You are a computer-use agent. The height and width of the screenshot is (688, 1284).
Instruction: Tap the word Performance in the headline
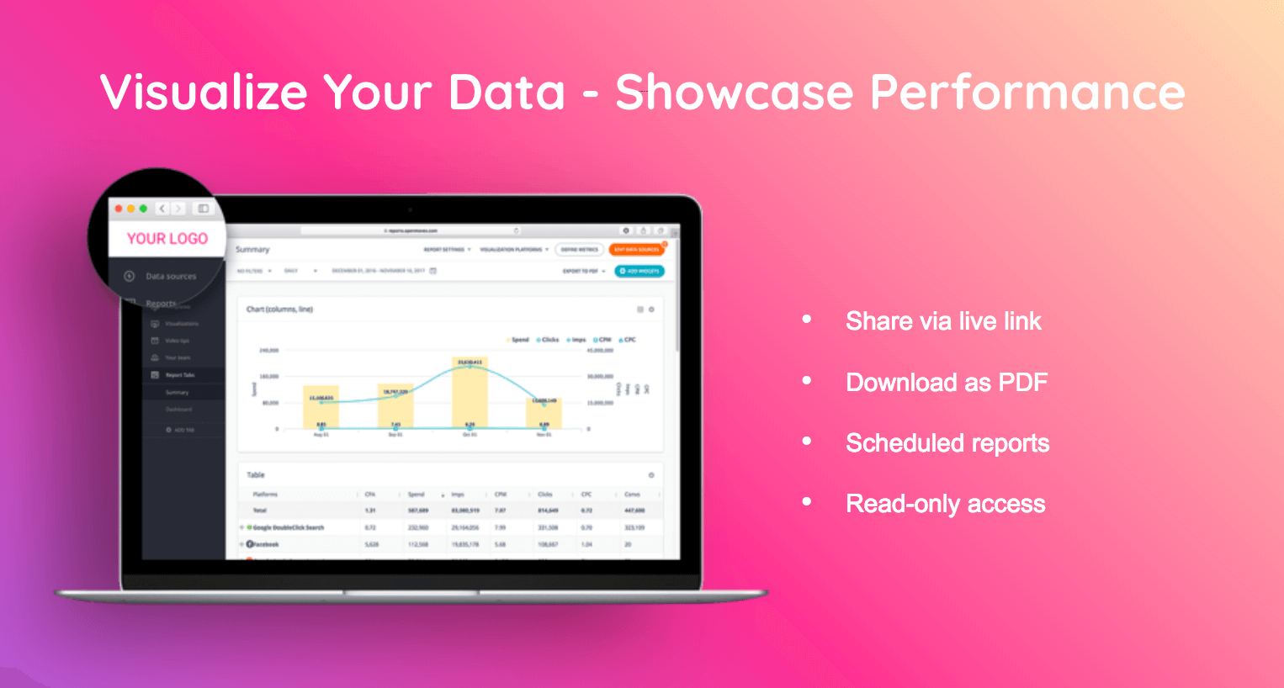1027,92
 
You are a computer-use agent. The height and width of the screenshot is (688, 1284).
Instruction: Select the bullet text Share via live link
943,321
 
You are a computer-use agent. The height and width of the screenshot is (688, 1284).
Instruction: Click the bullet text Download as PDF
947,383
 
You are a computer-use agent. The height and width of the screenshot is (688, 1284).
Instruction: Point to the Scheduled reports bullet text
947,443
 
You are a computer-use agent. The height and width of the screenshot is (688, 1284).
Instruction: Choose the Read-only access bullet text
946,504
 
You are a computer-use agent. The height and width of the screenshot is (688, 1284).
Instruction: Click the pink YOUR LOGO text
167,239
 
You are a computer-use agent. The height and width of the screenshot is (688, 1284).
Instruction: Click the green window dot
143,209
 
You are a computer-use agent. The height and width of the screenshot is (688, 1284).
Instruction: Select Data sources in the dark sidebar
171,276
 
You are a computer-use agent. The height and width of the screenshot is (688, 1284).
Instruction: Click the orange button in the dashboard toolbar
637,250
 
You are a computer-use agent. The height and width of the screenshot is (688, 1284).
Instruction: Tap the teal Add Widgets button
639,271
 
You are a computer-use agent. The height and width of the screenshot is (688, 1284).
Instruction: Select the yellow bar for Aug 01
321,407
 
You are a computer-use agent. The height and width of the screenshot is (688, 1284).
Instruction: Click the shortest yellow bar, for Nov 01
544,413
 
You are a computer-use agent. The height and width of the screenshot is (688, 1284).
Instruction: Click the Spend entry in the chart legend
519,340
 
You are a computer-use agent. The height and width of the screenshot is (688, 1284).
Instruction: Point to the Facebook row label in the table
265,544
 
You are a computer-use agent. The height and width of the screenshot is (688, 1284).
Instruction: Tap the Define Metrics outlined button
580,250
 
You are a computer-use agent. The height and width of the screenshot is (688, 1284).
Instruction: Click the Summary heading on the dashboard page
252,250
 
